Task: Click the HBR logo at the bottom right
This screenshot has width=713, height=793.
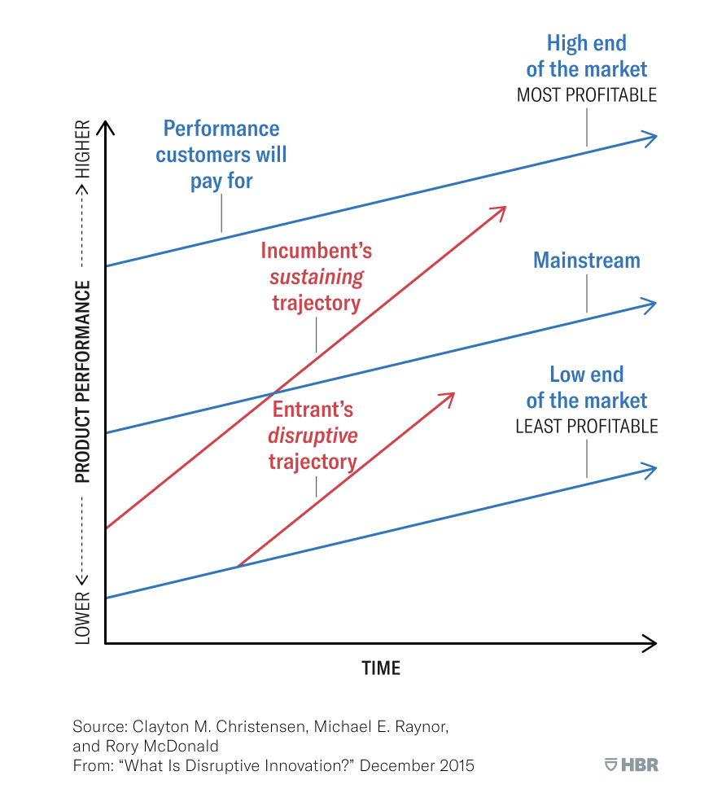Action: [x=632, y=765]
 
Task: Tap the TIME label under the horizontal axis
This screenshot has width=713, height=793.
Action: [x=381, y=668]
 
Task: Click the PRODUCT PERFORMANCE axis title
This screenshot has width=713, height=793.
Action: [x=83, y=382]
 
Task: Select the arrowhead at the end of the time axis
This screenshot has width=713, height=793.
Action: [x=650, y=643]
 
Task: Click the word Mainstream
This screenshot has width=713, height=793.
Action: [x=586, y=261]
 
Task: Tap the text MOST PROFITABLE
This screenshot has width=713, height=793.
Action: [x=586, y=95]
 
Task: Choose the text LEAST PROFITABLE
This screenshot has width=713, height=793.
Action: [x=586, y=427]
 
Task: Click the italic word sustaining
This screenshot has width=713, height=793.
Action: [x=317, y=277]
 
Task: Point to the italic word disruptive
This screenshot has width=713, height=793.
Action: [x=313, y=436]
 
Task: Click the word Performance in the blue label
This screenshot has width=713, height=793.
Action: [x=221, y=129]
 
